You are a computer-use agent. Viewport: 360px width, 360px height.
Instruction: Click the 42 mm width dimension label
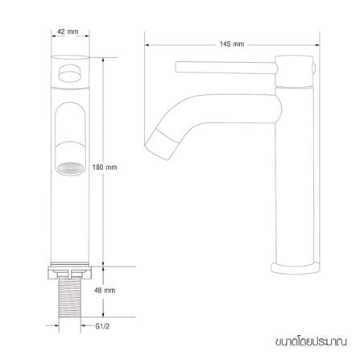click(68, 31)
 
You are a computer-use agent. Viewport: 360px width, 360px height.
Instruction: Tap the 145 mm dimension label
click(232, 44)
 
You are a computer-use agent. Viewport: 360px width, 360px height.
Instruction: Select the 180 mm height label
click(105, 168)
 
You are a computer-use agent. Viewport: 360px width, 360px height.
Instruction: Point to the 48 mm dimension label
click(105, 290)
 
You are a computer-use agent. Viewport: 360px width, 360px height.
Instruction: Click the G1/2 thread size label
click(102, 326)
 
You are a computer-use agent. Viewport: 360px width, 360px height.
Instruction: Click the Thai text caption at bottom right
click(311, 341)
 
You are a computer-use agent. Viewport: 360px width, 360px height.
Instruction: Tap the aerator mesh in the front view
click(70, 168)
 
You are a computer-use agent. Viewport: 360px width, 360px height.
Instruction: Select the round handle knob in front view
click(70, 73)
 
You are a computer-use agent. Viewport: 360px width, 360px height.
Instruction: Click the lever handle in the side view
click(226, 67)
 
